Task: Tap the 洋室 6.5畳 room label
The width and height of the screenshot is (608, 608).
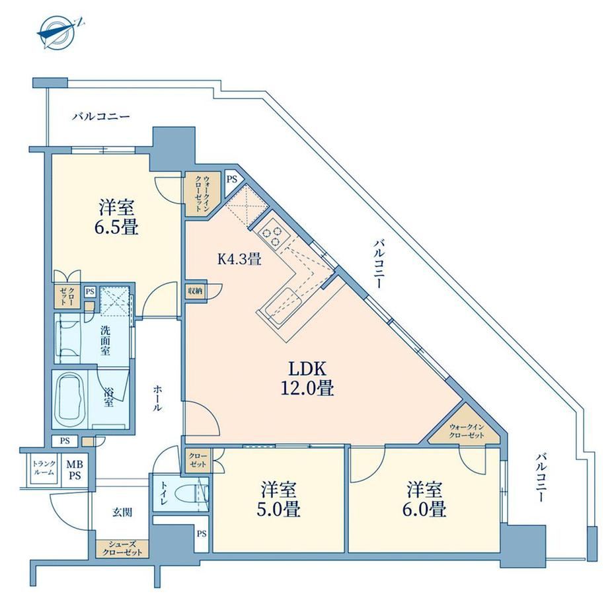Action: (116, 217)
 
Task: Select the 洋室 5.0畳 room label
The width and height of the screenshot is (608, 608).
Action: (278, 499)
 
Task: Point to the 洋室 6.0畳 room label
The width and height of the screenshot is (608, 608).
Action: (424, 499)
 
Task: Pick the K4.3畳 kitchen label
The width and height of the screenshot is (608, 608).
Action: (239, 258)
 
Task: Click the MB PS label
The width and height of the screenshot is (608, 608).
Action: (75, 470)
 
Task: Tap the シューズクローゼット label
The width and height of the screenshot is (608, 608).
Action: (122, 549)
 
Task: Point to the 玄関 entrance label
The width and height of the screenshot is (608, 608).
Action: (122, 512)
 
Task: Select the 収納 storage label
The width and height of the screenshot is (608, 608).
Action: (196, 290)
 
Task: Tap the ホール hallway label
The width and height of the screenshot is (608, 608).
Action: (157, 399)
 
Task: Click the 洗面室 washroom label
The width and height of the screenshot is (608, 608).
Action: (106, 341)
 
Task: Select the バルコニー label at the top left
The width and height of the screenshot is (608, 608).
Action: (101, 116)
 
